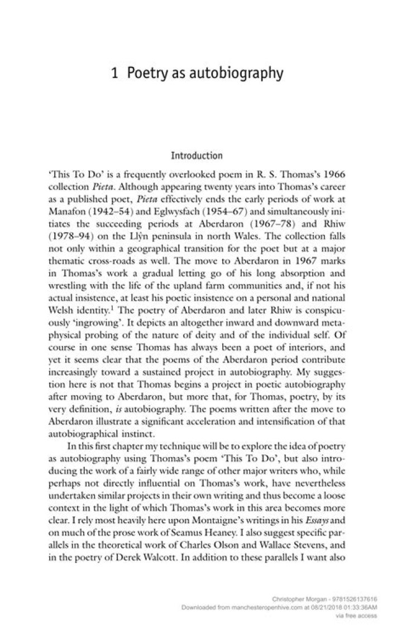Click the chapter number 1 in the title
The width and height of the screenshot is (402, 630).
tap(114, 73)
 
